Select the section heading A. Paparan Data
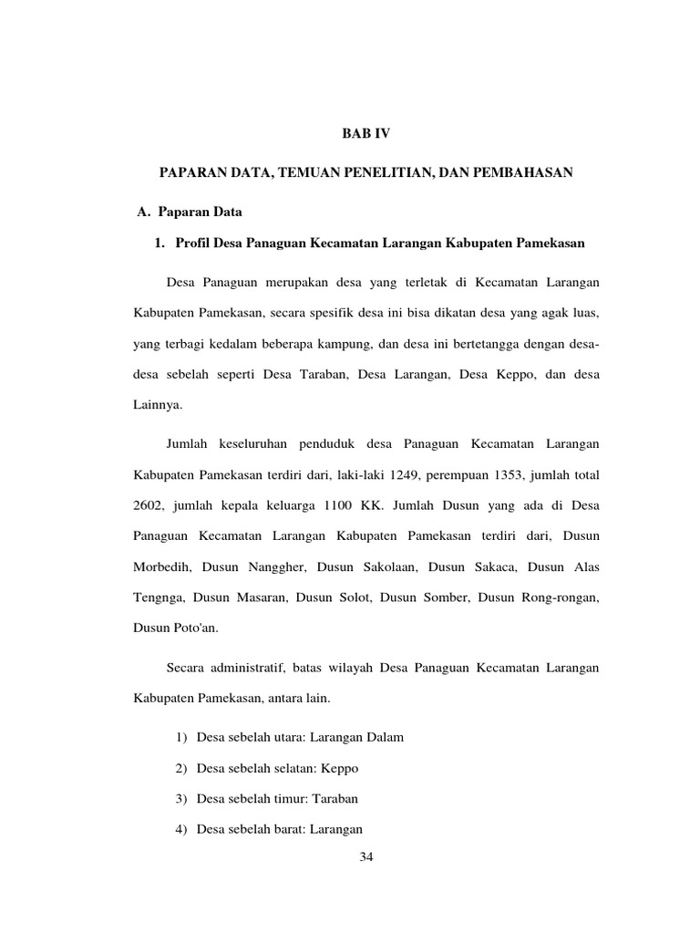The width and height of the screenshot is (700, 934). pyautogui.click(x=189, y=213)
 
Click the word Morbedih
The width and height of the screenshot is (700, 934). pyautogui.click(x=157, y=566)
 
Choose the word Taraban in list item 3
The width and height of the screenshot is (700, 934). pyautogui.click(x=335, y=798)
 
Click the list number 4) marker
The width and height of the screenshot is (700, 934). pyautogui.click(x=180, y=829)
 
